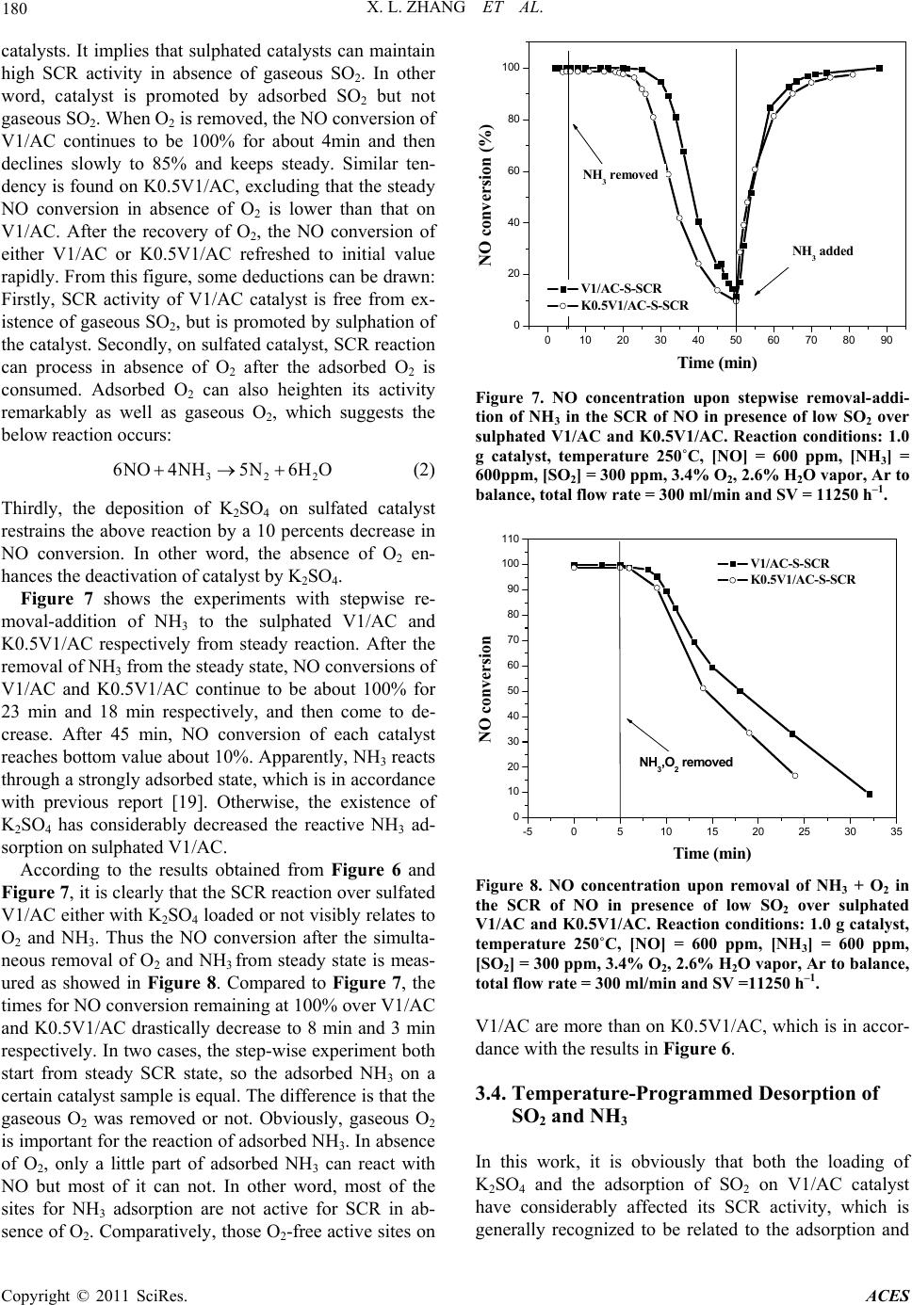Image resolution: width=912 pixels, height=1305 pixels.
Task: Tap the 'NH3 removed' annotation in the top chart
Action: pyautogui.click(x=619, y=175)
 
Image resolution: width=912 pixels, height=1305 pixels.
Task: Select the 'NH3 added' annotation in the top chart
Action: pyautogui.click(x=822, y=250)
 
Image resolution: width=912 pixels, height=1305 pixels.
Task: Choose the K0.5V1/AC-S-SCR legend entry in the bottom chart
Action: pyautogui.click(x=803, y=579)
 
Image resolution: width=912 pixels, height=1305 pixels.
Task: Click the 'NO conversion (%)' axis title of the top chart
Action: pyautogui.click(x=487, y=195)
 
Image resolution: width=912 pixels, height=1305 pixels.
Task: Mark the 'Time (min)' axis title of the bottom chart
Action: pyautogui.click(x=712, y=854)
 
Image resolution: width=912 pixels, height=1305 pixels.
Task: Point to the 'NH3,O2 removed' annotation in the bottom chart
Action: pyautogui.click(x=685, y=762)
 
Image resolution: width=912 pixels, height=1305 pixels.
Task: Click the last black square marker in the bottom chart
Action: pyautogui.click(x=870, y=794)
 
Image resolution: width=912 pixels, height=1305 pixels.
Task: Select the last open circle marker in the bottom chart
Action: pyautogui.click(x=795, y=776)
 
